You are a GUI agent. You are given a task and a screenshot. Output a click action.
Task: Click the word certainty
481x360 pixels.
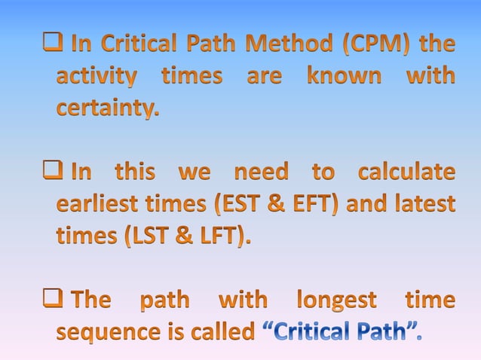(108, 109)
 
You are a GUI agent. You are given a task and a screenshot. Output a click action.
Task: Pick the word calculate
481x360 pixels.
(407, 172)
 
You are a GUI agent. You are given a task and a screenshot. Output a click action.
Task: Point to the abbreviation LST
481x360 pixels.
(143, 236)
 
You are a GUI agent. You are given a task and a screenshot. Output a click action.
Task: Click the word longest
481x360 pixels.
(336, 301)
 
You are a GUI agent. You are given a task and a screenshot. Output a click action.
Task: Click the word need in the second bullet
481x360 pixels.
(260, 172)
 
